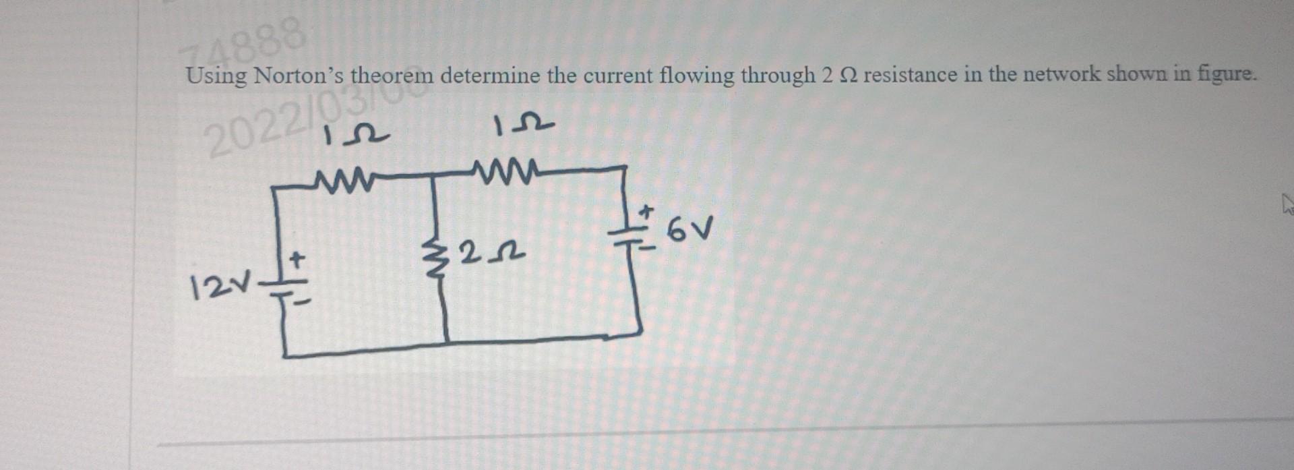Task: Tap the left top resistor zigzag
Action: (343, 180)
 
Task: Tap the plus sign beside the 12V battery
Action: (297, 258)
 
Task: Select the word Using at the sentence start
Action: (216, 76)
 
